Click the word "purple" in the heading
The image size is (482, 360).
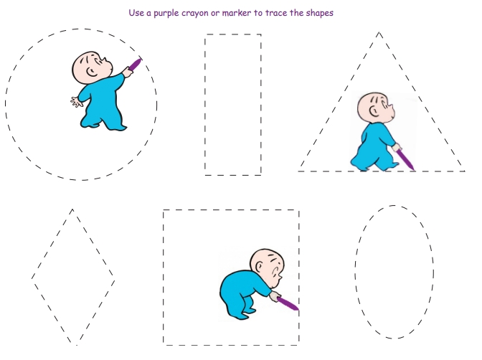click(x=166, y=14)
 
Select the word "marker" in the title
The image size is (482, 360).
click(x=237, y=13)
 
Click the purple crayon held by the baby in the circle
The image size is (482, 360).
click(x=135, y=65)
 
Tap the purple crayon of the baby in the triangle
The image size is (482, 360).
click(x=406, y=158)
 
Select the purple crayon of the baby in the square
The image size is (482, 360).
click(x=288, y=303)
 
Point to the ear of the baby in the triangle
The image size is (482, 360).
click(x=374, y=111)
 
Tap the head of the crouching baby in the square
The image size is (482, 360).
click(x=267, y=265)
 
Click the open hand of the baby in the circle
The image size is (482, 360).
click(x=76, y=101)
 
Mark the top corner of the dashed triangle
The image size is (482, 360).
click(x=379, y=32)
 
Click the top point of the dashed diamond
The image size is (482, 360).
click(x=72, y=209)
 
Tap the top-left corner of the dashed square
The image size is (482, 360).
click(x=164, y=210)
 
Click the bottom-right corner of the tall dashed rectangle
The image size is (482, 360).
click(x=261, y=175)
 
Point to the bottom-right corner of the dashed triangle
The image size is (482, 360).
click(x=464, y=171)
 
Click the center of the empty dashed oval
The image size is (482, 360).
click(x=394, y=272)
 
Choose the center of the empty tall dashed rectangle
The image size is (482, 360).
click(x=233, y=105)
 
